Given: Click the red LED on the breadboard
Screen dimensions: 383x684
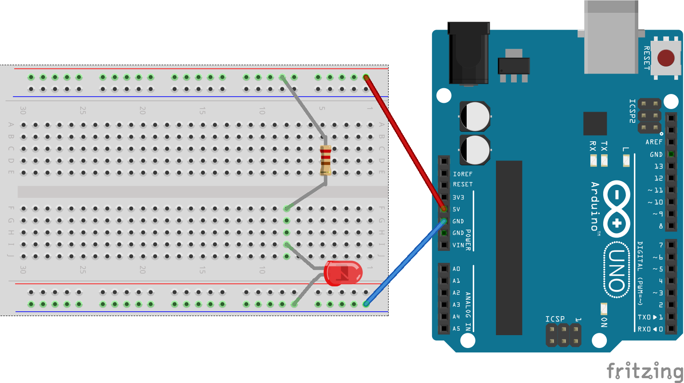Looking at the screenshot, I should [x=343, y=273].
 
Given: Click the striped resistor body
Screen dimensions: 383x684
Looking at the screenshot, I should [x=326, y=160].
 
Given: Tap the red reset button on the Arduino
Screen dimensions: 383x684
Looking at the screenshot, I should [x=665, y=58].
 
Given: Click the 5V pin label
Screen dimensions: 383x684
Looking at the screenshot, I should [x=456, y=209].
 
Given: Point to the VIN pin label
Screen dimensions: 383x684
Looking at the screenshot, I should [x=458, y=245].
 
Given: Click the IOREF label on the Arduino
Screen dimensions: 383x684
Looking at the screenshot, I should [x=463, y=174].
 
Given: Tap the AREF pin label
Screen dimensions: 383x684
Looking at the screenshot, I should [x=654, y=142].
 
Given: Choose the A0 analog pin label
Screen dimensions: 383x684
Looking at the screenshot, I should [x=456, y=269].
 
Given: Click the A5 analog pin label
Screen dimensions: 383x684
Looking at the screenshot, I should [x=456, y=329].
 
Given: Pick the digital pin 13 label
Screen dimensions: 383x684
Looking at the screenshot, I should [x=658, y=166].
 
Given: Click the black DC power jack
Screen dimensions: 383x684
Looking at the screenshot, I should [x=468, y=53].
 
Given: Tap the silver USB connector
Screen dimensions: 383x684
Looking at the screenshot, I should [x=611, y=38].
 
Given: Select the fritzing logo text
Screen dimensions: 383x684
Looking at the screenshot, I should [x=644, y=371].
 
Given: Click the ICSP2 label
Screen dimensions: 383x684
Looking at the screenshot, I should [x=633, y=111].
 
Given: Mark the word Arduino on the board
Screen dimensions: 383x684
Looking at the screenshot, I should [x=595, y=206].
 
